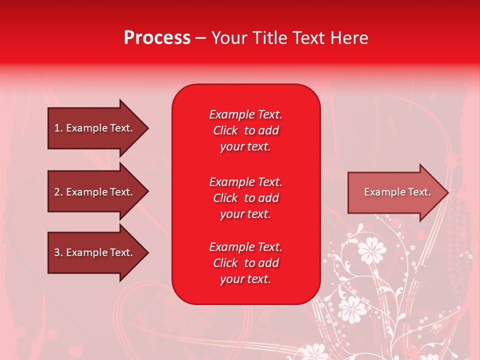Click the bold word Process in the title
click(157, 38)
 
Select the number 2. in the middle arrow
click(58, 192)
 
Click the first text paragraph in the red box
click(245, 130)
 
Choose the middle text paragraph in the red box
click(245, 198)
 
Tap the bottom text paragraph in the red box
click(245, 263)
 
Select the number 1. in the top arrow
click(58, 128)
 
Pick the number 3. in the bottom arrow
click(58, 252)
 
